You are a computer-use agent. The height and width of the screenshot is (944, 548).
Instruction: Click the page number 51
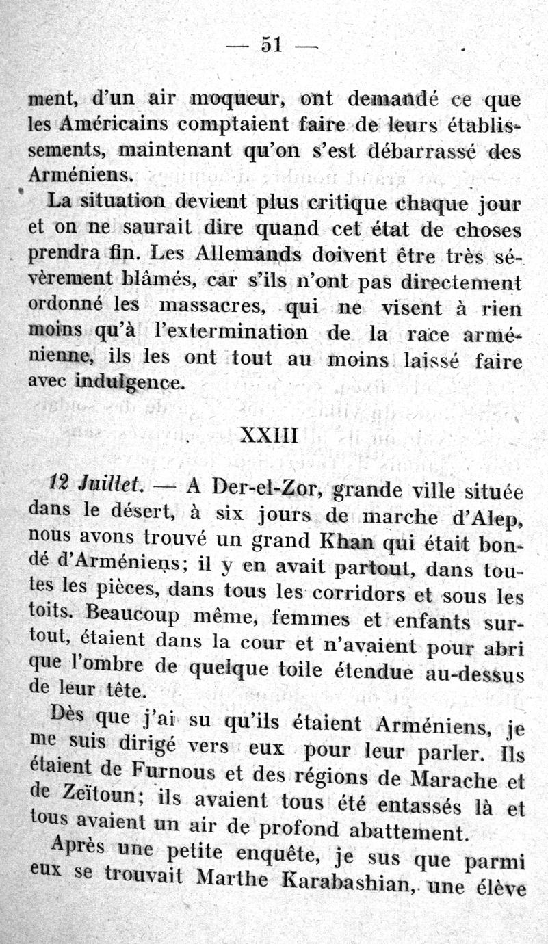tap(272, 44)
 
